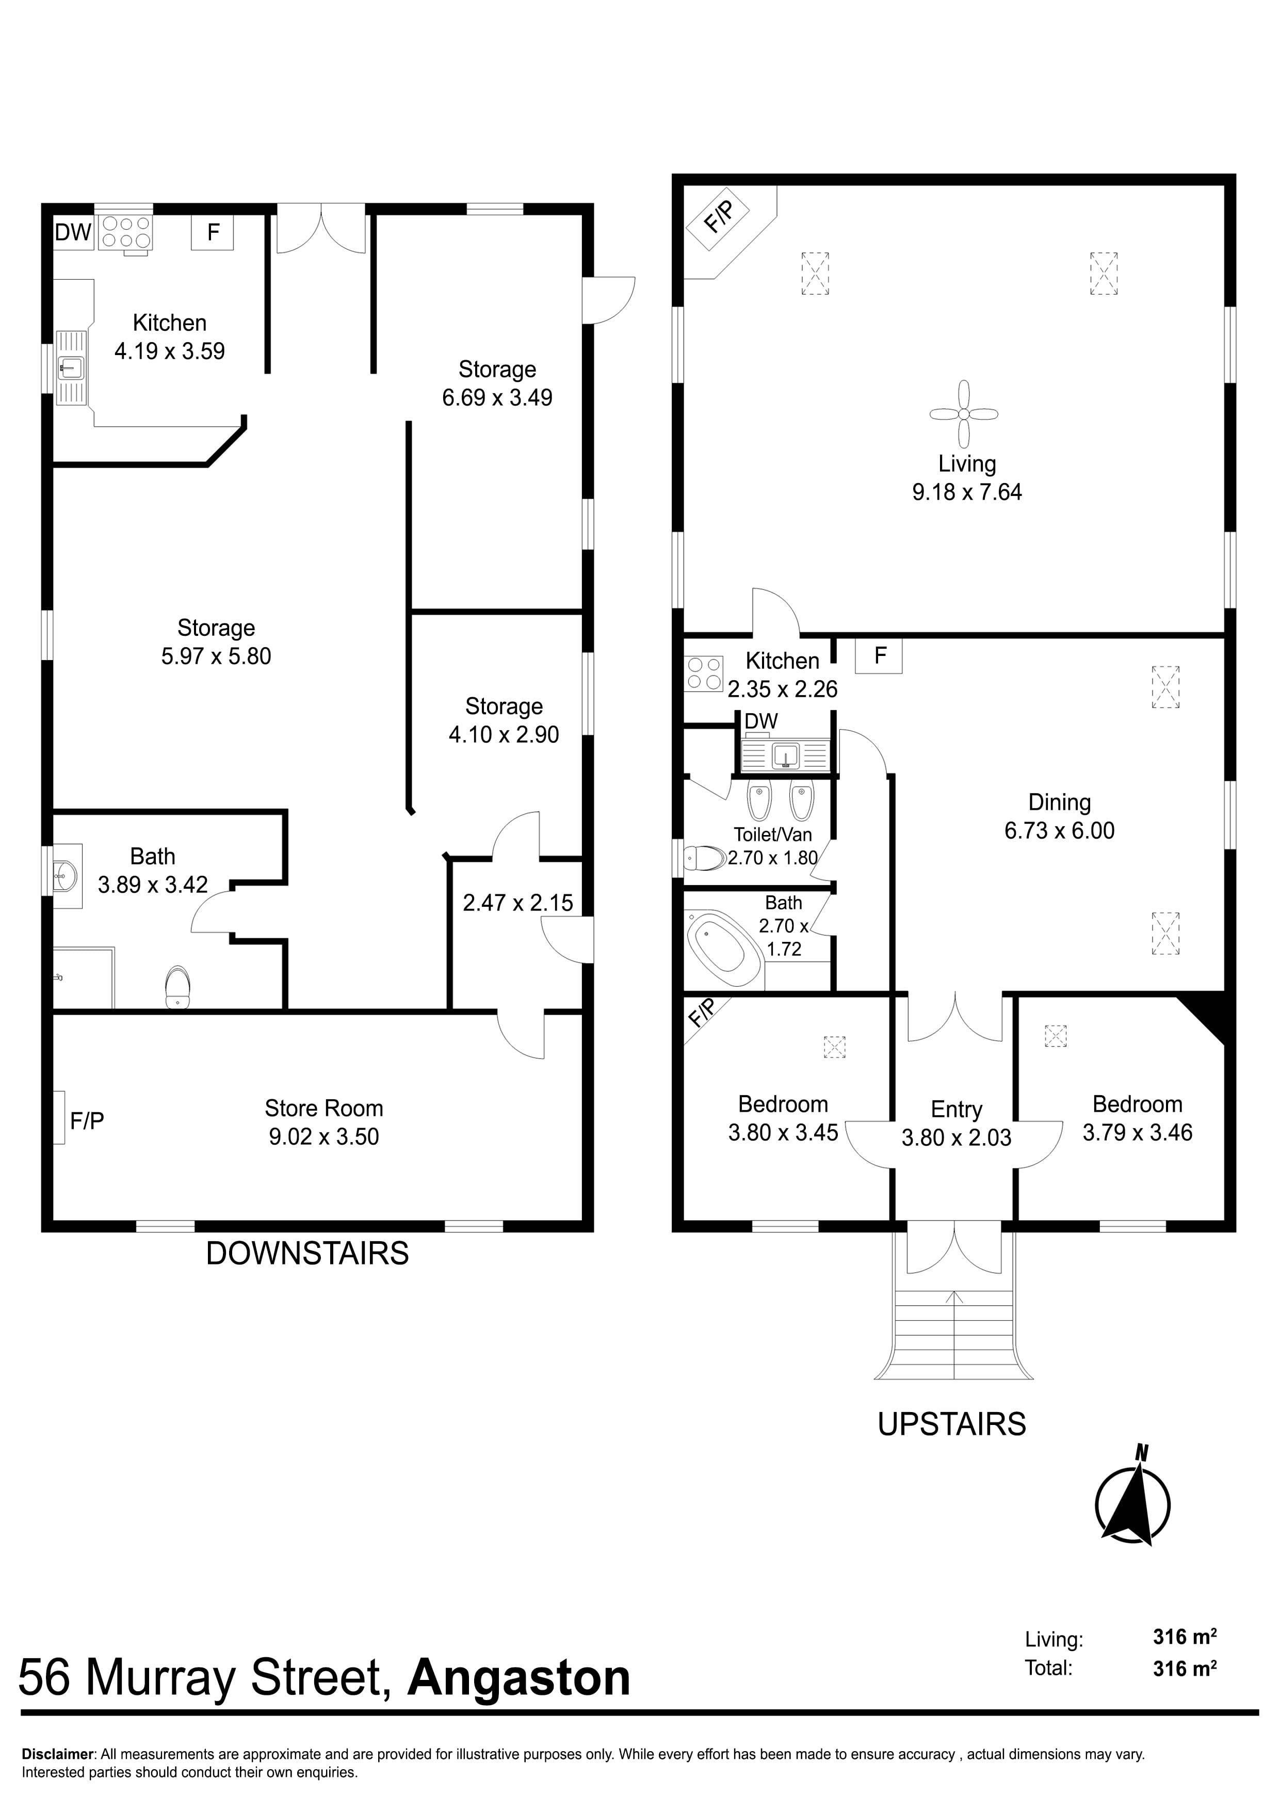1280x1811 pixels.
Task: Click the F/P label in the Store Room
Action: [x=87, y=1121]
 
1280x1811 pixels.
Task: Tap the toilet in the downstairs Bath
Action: [x=178, y=986]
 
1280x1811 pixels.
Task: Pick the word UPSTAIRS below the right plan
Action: [x=952, y=1424]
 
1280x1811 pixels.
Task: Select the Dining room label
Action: [x=1059, y=802]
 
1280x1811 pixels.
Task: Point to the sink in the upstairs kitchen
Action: [x=786, y=756]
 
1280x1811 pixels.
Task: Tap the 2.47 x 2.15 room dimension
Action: [x=518, y=902]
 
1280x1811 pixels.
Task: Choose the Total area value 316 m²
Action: [x=1185, y=1668]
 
